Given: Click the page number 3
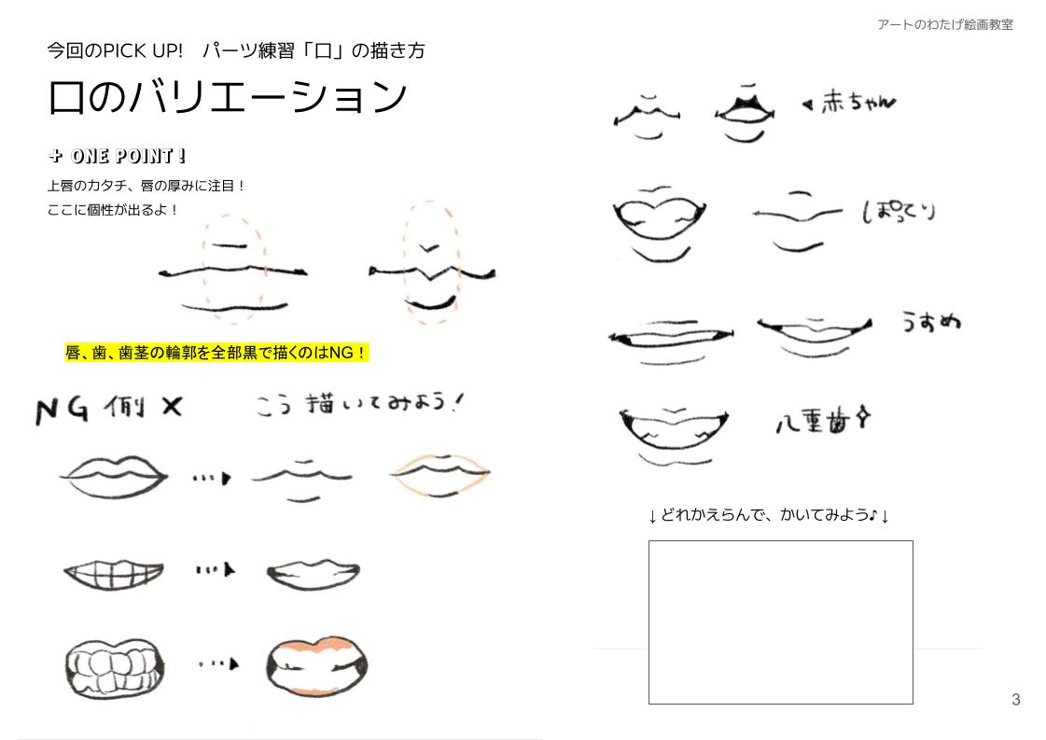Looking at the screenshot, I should click(1015, 700).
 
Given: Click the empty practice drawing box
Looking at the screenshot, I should click(780, 621).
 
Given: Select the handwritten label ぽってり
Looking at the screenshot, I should click(898, 212).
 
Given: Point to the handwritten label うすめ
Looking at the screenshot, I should click(930, 322).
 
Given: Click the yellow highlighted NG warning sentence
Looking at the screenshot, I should click(216, 353).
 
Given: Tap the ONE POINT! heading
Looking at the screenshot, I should click(118, 156).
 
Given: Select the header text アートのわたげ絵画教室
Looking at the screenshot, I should click(944, 25).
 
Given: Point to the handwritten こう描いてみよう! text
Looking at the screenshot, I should click(358, 405).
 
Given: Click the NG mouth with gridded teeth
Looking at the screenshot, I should click(113, 572).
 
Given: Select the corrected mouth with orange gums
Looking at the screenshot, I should click(315, 664).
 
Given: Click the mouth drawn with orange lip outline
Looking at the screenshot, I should click(439, 474).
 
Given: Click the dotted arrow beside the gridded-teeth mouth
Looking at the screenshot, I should click(216, 570).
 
